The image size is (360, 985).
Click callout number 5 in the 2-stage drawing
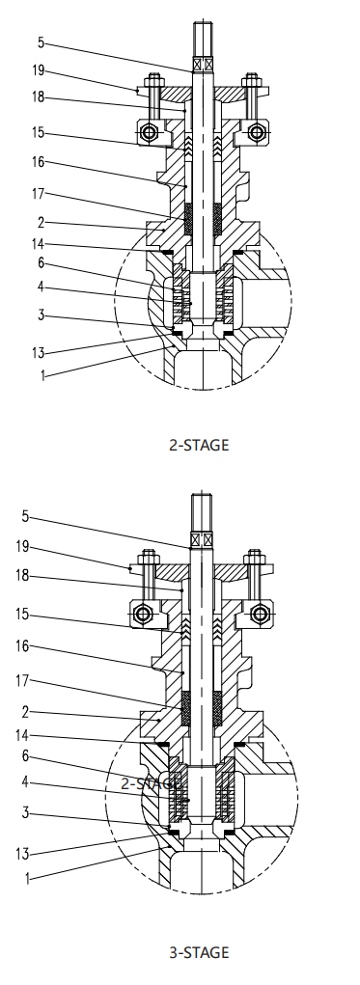41,42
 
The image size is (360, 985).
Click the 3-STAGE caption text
199,952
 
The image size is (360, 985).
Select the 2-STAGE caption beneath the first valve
199,446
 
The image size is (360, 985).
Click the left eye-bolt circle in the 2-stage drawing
150,131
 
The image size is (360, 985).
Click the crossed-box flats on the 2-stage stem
202,65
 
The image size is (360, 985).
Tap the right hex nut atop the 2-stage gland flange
253,81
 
